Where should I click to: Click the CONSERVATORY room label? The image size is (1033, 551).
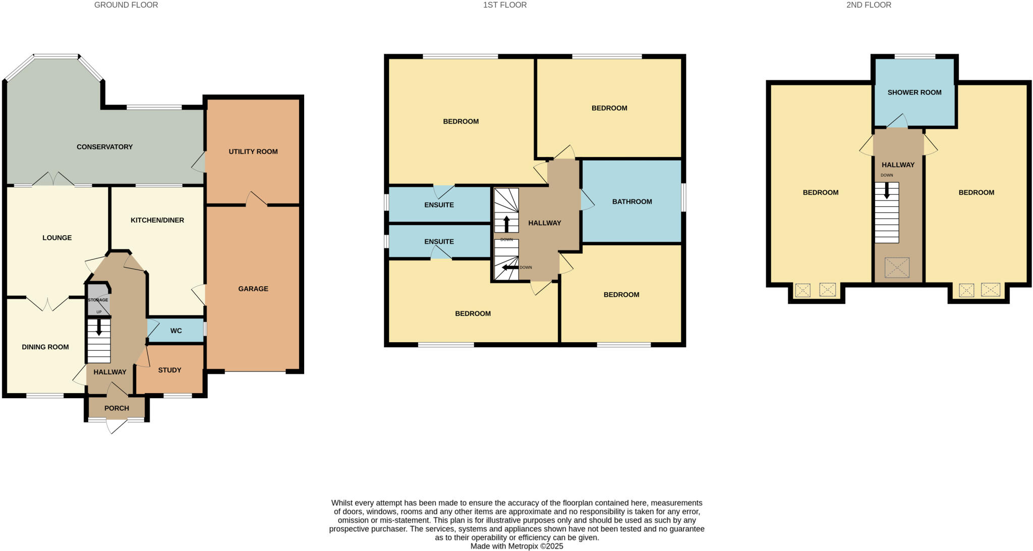point(104,147)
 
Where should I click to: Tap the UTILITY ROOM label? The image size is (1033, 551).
point(253,151)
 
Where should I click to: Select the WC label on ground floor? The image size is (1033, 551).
point(176,331)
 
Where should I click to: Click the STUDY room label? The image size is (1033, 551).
point(169,370)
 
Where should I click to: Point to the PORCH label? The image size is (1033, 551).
point(117,408)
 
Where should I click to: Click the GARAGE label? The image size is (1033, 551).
point(253,289)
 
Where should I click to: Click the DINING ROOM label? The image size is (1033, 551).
point(45,347)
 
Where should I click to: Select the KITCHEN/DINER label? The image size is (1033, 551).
point(157,220)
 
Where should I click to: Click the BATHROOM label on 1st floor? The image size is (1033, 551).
point(632,201)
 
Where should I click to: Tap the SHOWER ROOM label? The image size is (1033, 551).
point(914,92)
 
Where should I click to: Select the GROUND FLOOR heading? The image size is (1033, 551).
point(126,5)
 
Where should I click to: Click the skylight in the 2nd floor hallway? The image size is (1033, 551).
point(897,267)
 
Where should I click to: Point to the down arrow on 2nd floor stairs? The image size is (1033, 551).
point(887,190)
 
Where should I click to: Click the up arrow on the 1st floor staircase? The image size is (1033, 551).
point(507,224)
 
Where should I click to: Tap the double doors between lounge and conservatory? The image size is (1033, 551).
point(53,179)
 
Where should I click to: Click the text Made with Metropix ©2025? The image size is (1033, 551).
point(516,546)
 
